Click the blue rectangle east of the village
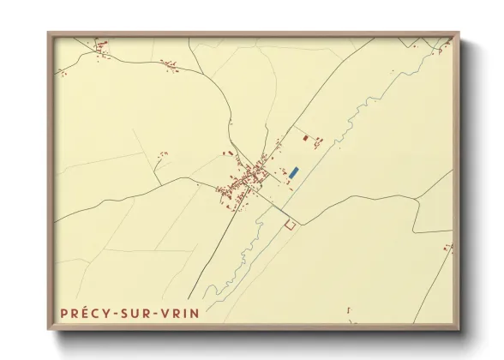point(293,172)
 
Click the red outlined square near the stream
point(289,225)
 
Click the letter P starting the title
point(64,314)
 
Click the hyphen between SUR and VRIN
point(158,315)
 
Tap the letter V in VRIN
point(166,314)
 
